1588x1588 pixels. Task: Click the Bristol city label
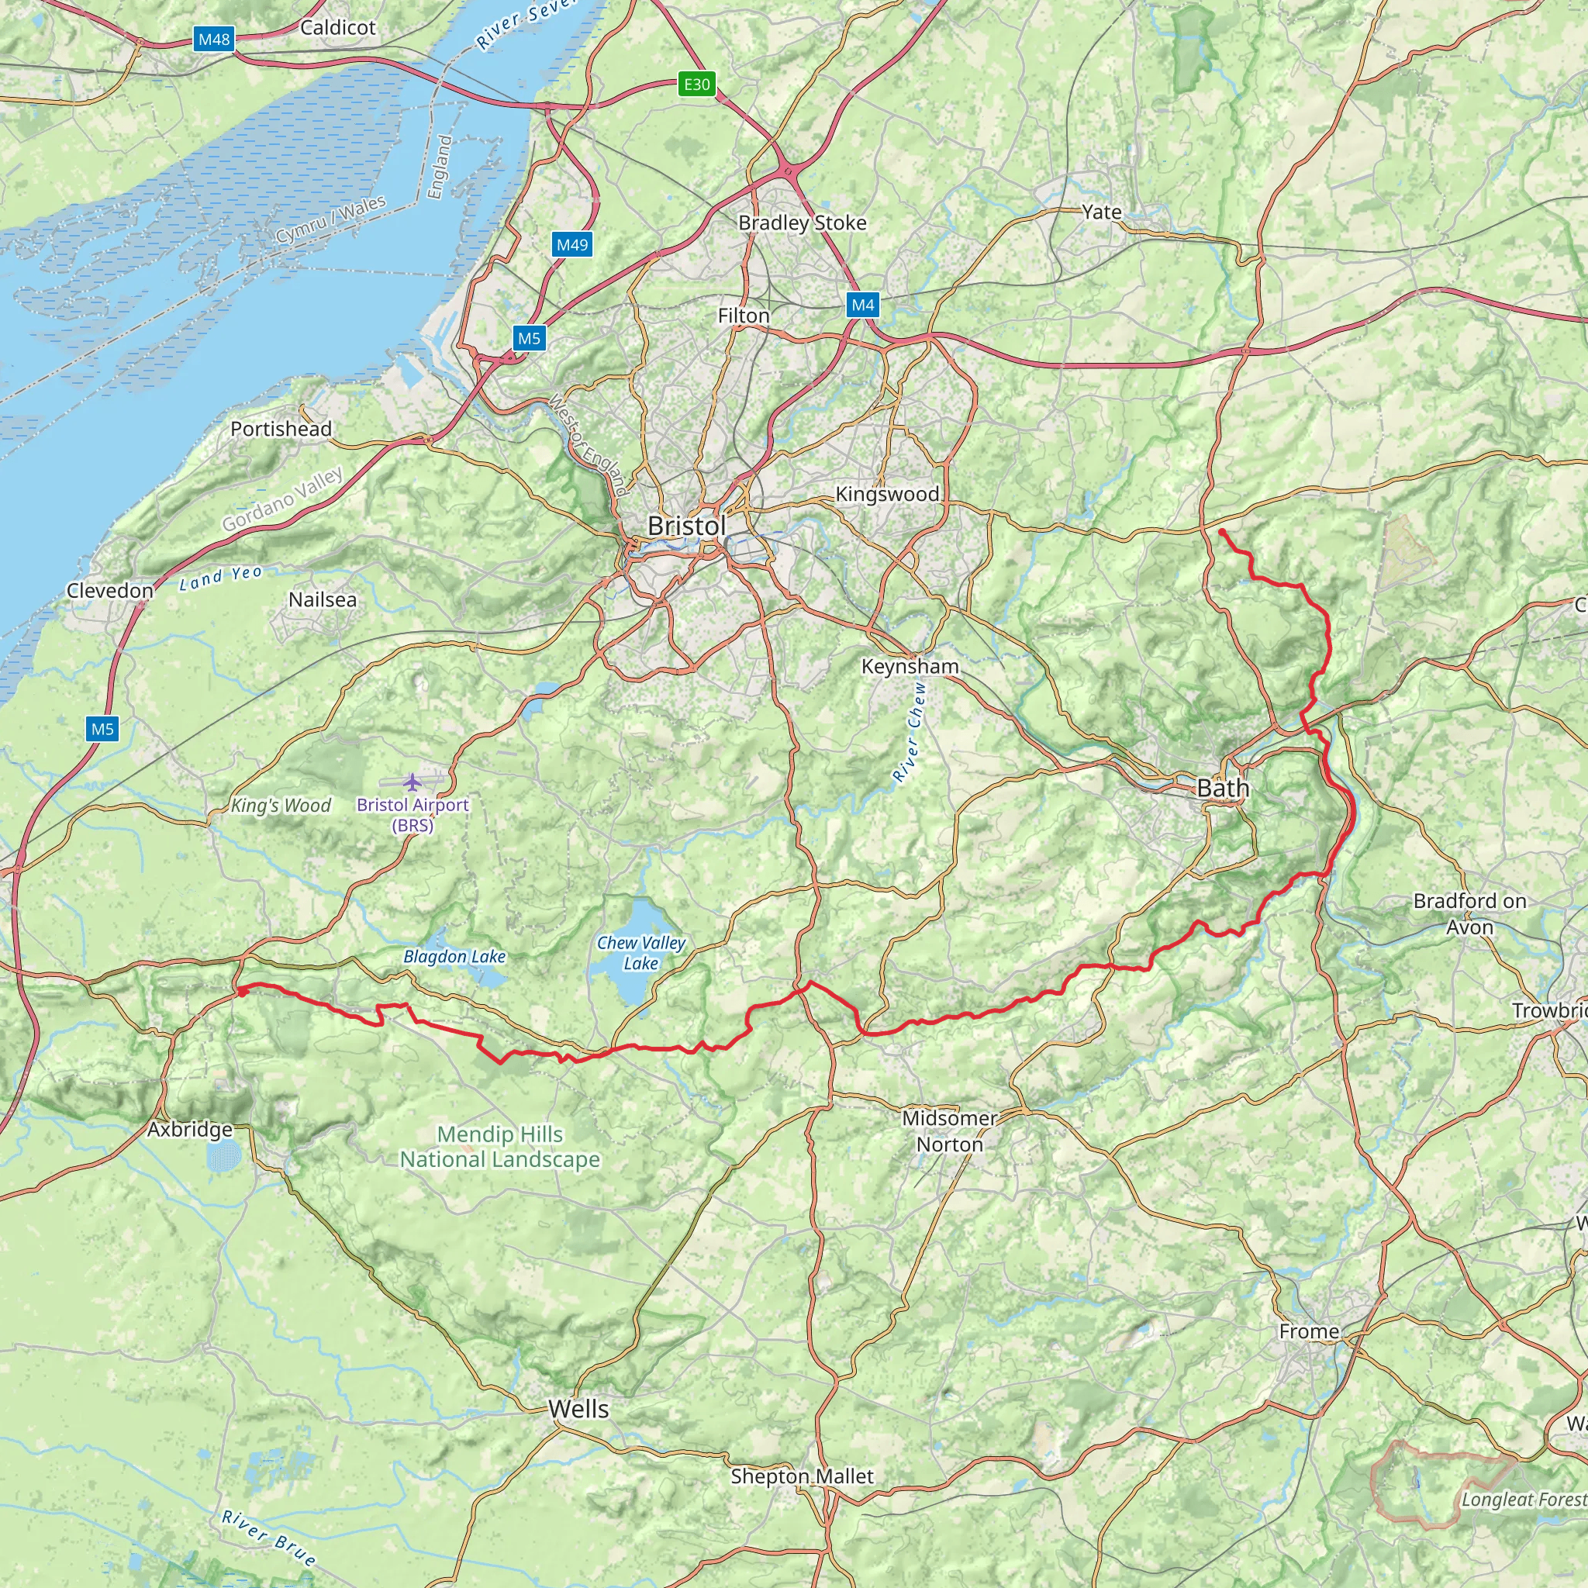pos(686,526)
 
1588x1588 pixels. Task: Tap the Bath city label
pos(1222,789)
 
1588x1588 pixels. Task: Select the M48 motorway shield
pos(214,40)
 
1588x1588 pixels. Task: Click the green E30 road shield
pos(696,84)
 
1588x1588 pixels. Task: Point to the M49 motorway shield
pos(572,244)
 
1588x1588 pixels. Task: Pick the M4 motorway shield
pos(862,305)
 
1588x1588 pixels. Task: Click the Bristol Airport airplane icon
pos(412,781)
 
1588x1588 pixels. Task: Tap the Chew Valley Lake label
pos(641,953)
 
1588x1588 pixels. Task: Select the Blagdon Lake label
pos(454,956)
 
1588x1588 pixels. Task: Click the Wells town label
pos(578,1409)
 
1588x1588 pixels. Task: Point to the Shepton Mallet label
pos(802,1476)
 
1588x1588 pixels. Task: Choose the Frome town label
pos(1309,1331)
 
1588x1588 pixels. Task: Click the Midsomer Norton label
pos(949,1131)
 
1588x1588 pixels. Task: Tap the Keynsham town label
pos(910,666)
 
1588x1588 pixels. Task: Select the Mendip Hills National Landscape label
pos(500,1147)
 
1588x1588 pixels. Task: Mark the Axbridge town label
pos(190,1129)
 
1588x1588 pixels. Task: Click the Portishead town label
pos(281,429)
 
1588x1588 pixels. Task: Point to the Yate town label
pos(1101,212)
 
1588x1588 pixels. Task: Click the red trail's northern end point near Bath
pos(1222,533)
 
